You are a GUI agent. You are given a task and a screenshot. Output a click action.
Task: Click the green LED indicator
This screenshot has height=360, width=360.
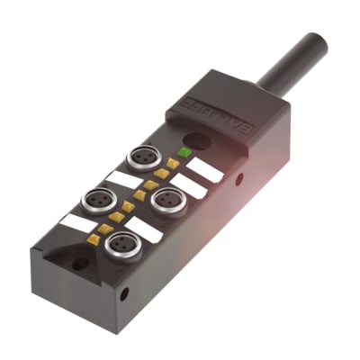185,152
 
